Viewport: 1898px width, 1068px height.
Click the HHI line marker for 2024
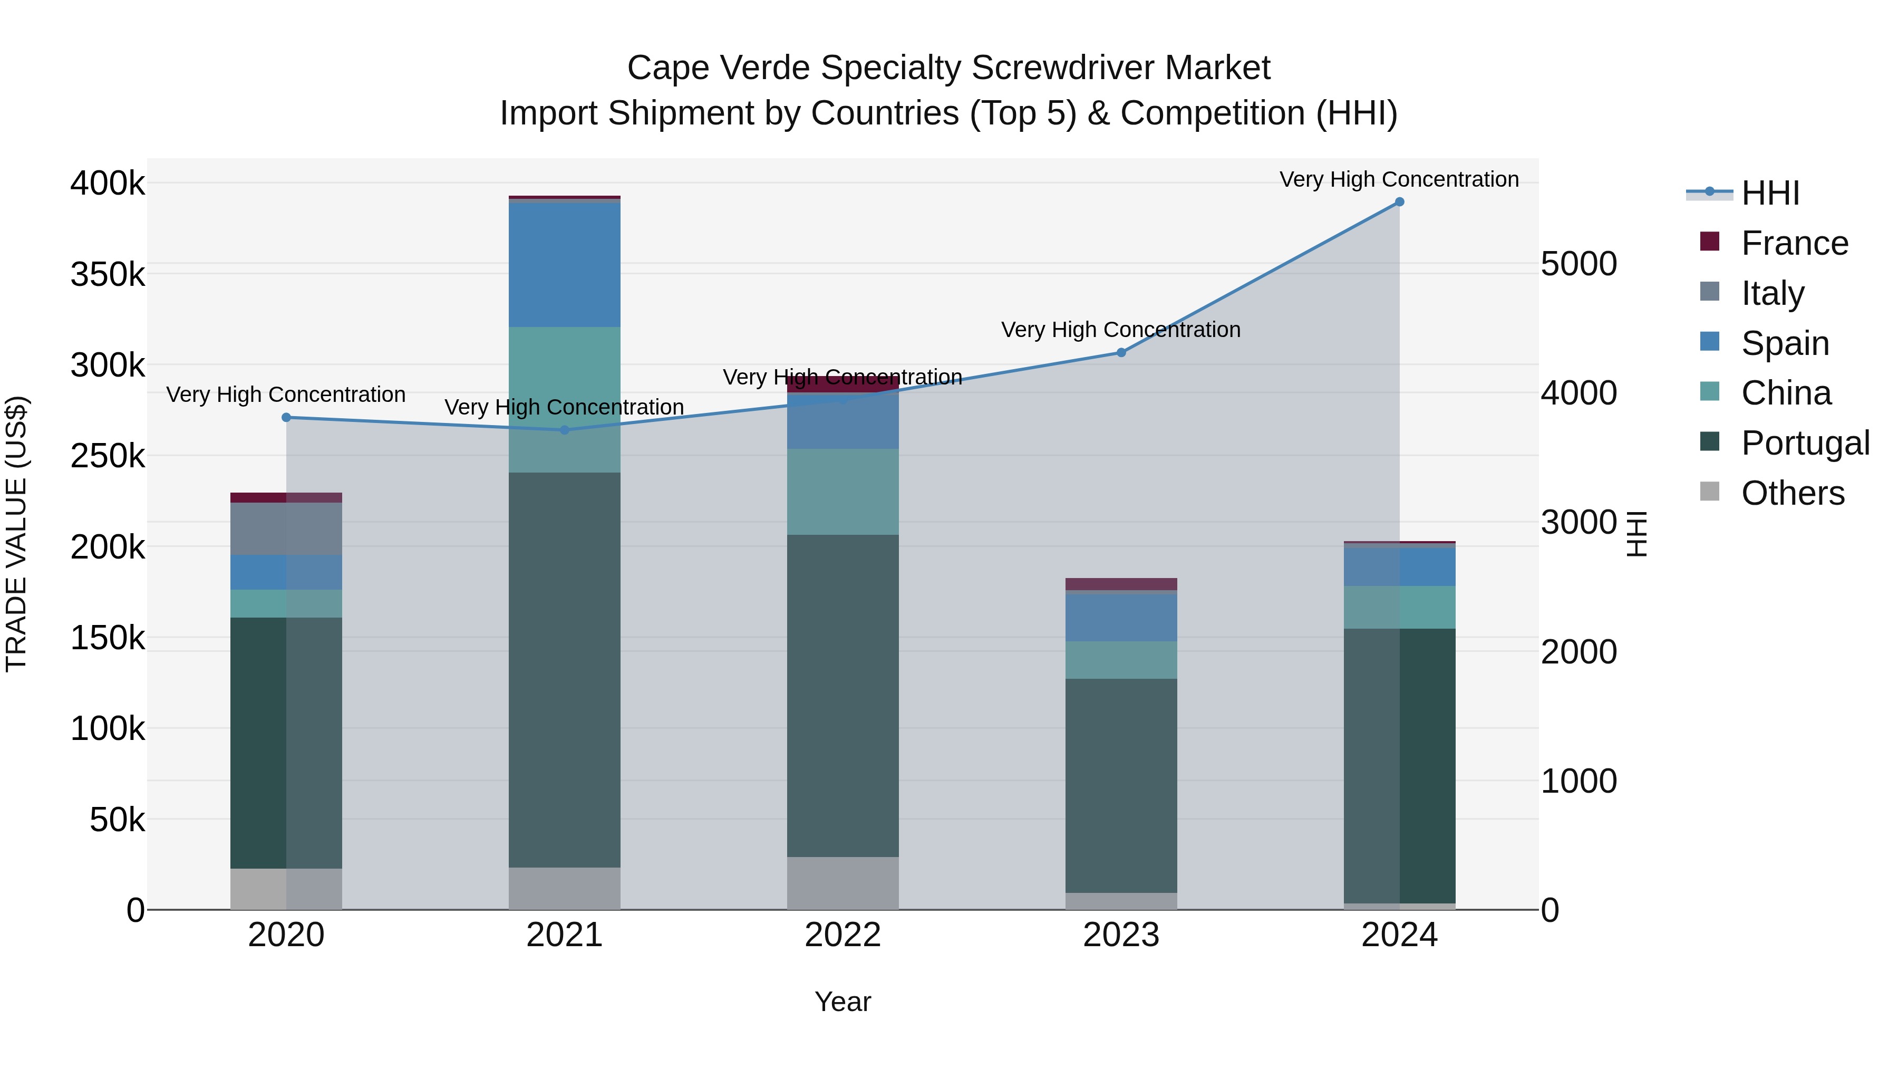pyautogui.click(x=1399, y=202)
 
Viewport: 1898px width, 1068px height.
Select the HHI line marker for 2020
pyautogui.click(x=287, y=417)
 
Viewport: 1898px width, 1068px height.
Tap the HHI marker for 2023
pyautogui.click(x=1121, y=352)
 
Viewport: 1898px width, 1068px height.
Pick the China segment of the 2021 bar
pyautogui.click(x=564, y=399)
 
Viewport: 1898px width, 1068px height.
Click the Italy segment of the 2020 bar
pyautogui.click(x=287, y=528)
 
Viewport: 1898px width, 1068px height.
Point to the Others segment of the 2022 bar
pyautogui.click(x=843, y=882)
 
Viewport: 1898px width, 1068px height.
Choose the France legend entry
pyautogui.click(x=1794, y=243)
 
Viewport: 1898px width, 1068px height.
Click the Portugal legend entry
pyautogui.click(x=1805, y=443)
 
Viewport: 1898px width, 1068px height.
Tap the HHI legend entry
pyautogui.click(x=1770, y=193)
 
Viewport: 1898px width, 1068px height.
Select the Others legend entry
pyautogui.click(x=1792, y=493)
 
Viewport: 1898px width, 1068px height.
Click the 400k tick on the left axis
pyautogui.click(x=108, y=183)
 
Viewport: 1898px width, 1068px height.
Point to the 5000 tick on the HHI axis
pyautogui.click(x=1579, y=264)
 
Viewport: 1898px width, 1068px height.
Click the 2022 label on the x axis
pyautogui.click(x=843, y=935)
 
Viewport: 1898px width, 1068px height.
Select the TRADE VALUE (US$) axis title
pyautogui.click(x=16, y=534)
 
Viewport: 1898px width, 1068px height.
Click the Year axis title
pyautogui.click(x=843, y=1002)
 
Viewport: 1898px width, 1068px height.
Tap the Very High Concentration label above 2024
pyautogui.click(x=1399, y=179)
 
